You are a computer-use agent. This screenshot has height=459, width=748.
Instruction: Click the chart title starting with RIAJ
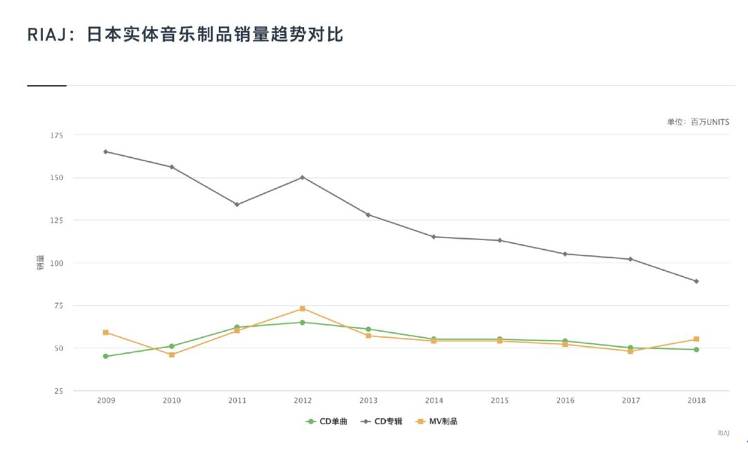185,35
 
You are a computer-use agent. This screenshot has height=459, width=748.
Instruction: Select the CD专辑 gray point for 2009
105,152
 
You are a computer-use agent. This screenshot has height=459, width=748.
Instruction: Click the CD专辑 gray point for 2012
303,177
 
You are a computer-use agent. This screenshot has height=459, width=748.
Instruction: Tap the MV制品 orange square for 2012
303,309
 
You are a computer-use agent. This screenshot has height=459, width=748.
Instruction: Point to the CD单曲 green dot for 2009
105,357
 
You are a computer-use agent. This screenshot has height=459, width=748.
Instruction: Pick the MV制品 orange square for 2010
172,354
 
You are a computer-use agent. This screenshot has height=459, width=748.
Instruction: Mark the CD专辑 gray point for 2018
696,281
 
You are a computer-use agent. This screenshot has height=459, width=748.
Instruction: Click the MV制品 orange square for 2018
696,339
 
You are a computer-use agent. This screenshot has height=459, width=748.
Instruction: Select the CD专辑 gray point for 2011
237,204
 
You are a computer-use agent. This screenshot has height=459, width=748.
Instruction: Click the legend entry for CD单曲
327,421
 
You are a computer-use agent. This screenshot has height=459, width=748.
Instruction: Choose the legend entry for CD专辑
382,421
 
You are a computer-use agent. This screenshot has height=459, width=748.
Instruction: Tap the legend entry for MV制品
437,421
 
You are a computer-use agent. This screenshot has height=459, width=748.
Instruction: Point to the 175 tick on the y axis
56,135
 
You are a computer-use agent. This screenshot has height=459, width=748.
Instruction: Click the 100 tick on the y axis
56,263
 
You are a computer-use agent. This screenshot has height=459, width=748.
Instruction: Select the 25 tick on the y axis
58,391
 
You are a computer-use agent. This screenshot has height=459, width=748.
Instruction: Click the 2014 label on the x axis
434,401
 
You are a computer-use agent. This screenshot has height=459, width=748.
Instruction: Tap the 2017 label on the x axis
631,401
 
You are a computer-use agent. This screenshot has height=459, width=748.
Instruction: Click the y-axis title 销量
40,263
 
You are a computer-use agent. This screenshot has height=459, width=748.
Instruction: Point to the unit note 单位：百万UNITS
697,122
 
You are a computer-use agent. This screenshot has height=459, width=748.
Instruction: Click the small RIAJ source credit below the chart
723,433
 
